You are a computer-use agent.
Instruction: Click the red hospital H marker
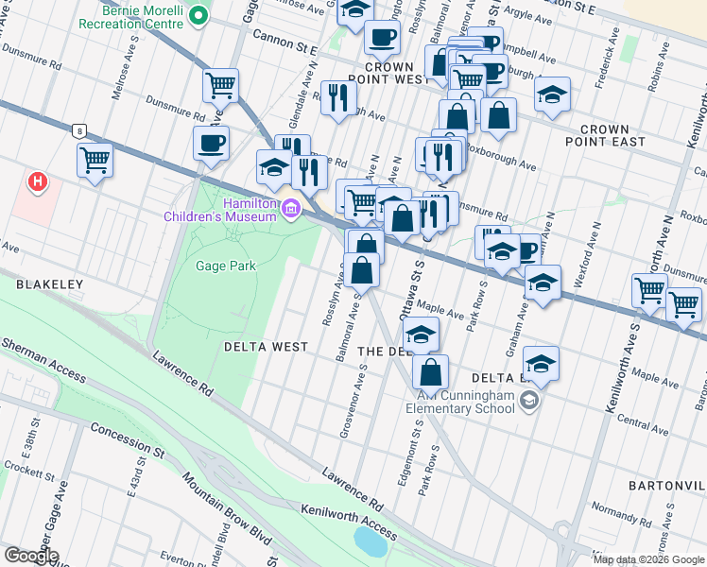tap(38, 181)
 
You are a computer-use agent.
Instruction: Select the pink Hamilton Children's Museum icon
tap(292, 209)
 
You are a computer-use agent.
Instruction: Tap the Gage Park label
tap(225, 266)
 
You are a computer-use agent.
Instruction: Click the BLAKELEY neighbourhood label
tap(49, 283)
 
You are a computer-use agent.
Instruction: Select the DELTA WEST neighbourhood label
tap(266, 347)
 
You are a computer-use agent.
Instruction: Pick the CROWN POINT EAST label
tap(612, 135)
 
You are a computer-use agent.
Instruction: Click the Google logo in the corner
tap(31, 556)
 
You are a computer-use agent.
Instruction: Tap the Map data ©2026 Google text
tap(648, 559)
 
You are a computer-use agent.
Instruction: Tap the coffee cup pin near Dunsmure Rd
tap(211, 143)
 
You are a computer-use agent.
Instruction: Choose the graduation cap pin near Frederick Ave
tap(553, 94)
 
